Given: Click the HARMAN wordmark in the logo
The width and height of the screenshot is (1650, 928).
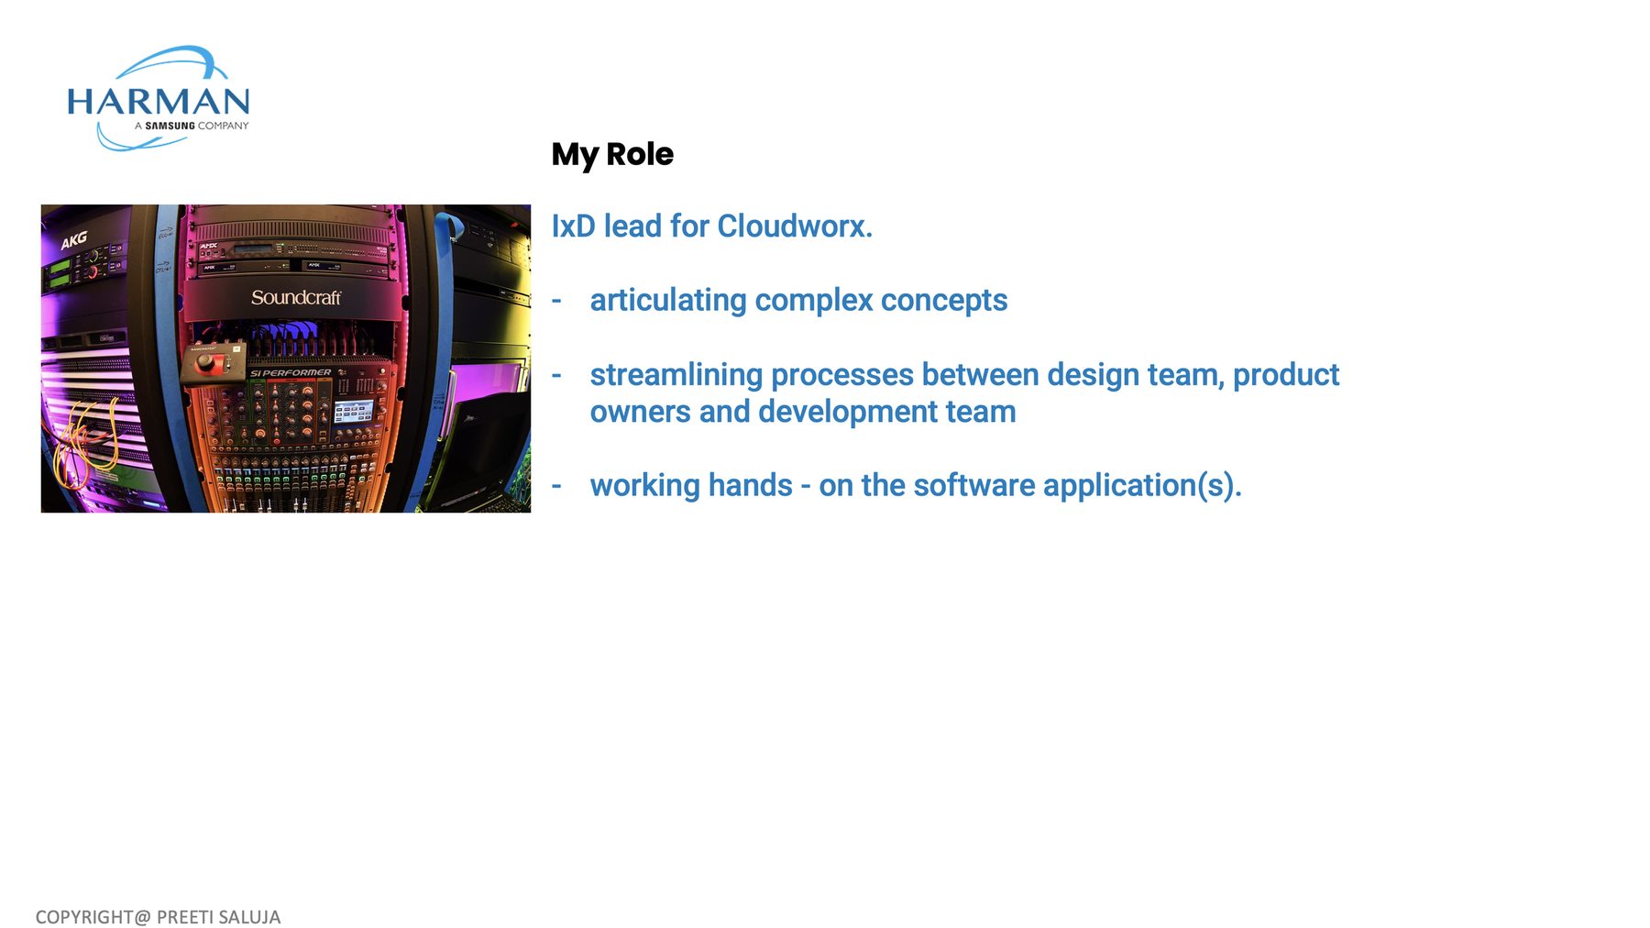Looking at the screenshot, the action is coord(158,101).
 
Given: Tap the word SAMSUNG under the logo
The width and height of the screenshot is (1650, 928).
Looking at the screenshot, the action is coord(170,126).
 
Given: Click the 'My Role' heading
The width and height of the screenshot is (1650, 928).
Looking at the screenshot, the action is coord(612,154).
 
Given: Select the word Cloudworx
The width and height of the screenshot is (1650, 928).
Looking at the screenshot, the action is coord(795,226).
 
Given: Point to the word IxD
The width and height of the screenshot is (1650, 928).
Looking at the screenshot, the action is coord(573,226).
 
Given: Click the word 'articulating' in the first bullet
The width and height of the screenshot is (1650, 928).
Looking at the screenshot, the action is coord(668,301).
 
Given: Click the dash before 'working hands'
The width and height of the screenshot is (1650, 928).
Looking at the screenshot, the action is coord(556,485).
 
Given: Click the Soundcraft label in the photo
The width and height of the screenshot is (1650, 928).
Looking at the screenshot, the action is coord(296,297).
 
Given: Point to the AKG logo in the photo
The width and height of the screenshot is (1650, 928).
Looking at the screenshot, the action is coord(74,240).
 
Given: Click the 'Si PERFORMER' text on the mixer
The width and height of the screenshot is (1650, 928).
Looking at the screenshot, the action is coord(291,373).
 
